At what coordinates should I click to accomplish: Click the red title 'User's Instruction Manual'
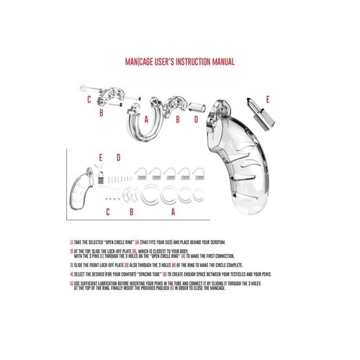click(x=180, y=63)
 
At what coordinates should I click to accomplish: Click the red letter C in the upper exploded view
click(x=89, y=99)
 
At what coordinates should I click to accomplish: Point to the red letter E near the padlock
click(x=269, y=99)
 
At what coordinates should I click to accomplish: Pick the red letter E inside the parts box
click(x=102, y=156)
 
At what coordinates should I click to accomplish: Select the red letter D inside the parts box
click(x=119, y=156)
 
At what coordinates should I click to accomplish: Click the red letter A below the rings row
click(x=173, y=213)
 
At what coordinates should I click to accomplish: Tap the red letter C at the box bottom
click(x=107, y=213)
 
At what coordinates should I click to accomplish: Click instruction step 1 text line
click(x=166, y=243)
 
